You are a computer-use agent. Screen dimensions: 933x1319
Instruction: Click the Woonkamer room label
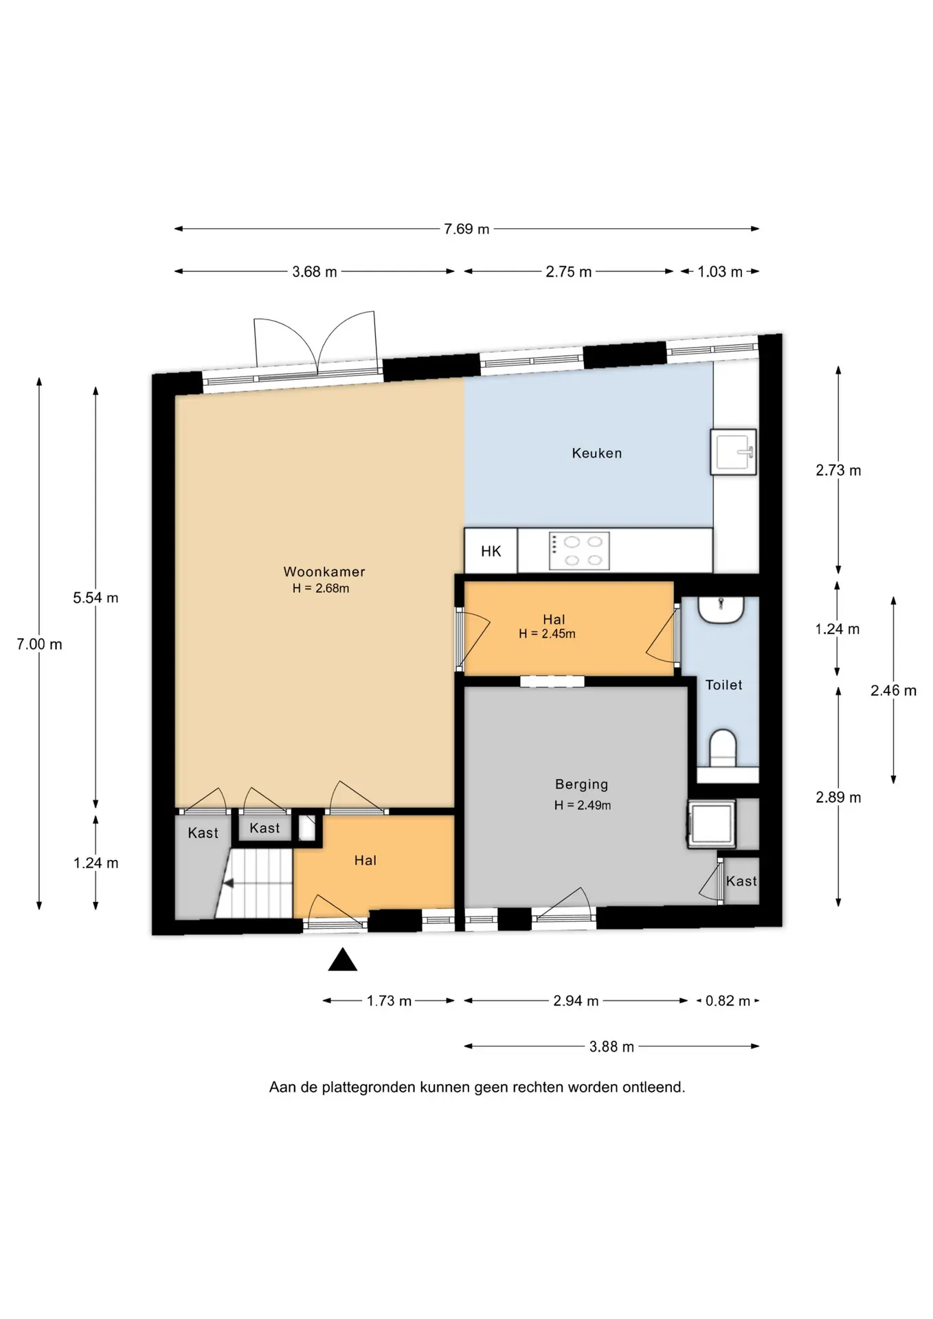pos(324,572)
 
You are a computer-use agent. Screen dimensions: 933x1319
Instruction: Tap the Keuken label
pos(597,453)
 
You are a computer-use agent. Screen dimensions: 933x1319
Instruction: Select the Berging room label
pos(582,785)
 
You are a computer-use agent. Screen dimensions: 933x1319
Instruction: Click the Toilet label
pos(724,685)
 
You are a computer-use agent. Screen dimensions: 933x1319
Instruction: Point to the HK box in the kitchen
pos(491,551)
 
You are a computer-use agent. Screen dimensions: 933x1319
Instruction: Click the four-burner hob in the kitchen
pos(579,551)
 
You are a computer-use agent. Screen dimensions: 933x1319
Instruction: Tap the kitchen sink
pos(733,452)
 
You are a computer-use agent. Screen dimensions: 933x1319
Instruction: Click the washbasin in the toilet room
pos(721,609)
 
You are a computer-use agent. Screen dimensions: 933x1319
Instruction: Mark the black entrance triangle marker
pos(343,960)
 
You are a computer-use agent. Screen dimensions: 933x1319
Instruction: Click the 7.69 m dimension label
pos(466,229)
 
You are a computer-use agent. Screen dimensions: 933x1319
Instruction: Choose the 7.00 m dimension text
pos(39,644)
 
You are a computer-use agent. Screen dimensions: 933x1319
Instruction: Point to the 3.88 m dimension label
pos(611,1047)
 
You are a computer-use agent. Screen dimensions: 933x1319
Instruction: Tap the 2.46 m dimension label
pos(893,691)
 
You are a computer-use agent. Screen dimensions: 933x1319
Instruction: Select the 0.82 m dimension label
pos(728,1001)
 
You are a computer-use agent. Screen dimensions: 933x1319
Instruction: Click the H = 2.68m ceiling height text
pos(321,589)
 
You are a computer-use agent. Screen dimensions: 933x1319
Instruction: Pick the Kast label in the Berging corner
pos(741,881)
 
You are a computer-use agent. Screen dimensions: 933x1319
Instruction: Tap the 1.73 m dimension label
pos(389,1001)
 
